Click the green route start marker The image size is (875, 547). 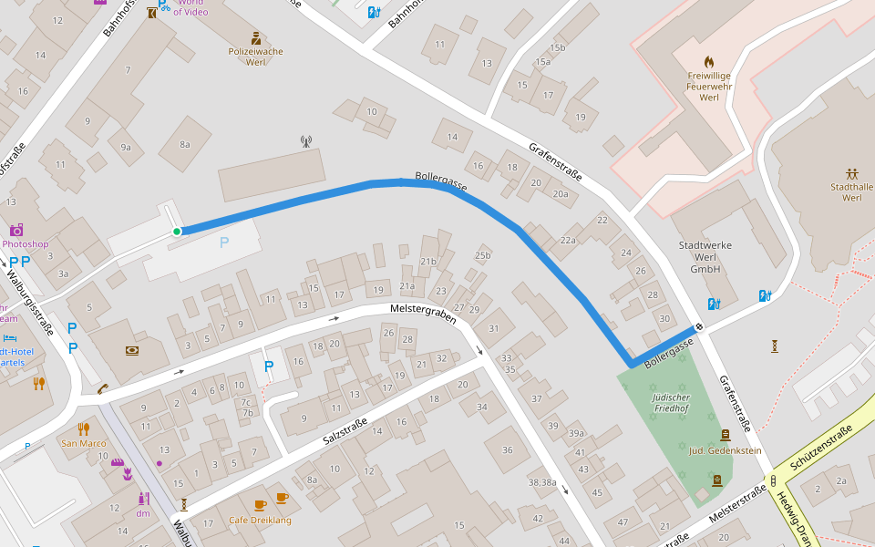coord(177,232)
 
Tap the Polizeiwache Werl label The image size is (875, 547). coord(255,57)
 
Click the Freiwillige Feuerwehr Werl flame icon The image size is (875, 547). coord(709,63)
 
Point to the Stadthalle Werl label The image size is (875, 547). coord(852,192)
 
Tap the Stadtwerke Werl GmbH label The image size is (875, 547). coord(705,257)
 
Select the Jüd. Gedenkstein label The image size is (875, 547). coord(725,451)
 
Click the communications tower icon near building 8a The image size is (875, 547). coord(305,141)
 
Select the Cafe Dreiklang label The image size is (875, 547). coord(260,520)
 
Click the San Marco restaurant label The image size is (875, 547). coord(84,443)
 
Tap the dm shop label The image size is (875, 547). coord(143,513)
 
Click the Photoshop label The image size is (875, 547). coord(25,244)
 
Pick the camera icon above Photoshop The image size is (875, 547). coord(15,230)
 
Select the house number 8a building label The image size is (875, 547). coord(185,144)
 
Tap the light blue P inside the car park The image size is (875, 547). coord(224,243)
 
